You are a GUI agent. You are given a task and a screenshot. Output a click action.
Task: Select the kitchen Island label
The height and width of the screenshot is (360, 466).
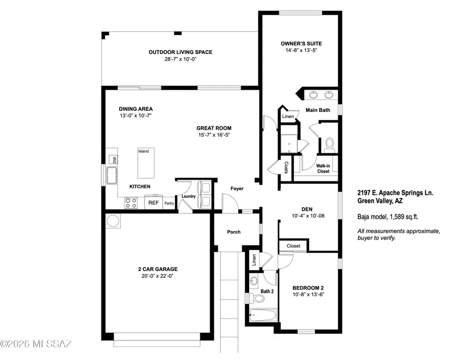(143, 151)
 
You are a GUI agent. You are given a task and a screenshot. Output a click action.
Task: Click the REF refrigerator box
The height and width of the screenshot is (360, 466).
(153, 203)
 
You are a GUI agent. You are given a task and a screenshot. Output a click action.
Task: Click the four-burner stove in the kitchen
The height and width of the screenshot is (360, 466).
(131, 203)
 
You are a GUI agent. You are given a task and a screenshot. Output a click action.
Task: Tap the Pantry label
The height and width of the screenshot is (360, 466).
(169, 204)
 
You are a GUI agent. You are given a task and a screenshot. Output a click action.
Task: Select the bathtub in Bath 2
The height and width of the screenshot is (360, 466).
(262, 315)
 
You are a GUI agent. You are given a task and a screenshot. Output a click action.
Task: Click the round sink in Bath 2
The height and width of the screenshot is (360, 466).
(253, 281)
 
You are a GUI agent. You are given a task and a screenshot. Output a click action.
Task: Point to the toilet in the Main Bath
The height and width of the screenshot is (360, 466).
(329, 143)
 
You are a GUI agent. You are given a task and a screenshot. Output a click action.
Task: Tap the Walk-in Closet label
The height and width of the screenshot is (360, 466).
(323, 168)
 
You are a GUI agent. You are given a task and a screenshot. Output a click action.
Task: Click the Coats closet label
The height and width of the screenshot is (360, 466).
(286, 167)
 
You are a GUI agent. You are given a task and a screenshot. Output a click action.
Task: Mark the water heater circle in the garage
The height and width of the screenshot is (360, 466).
(113, 222)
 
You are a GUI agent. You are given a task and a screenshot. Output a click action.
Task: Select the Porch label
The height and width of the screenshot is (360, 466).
(234, 232)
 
